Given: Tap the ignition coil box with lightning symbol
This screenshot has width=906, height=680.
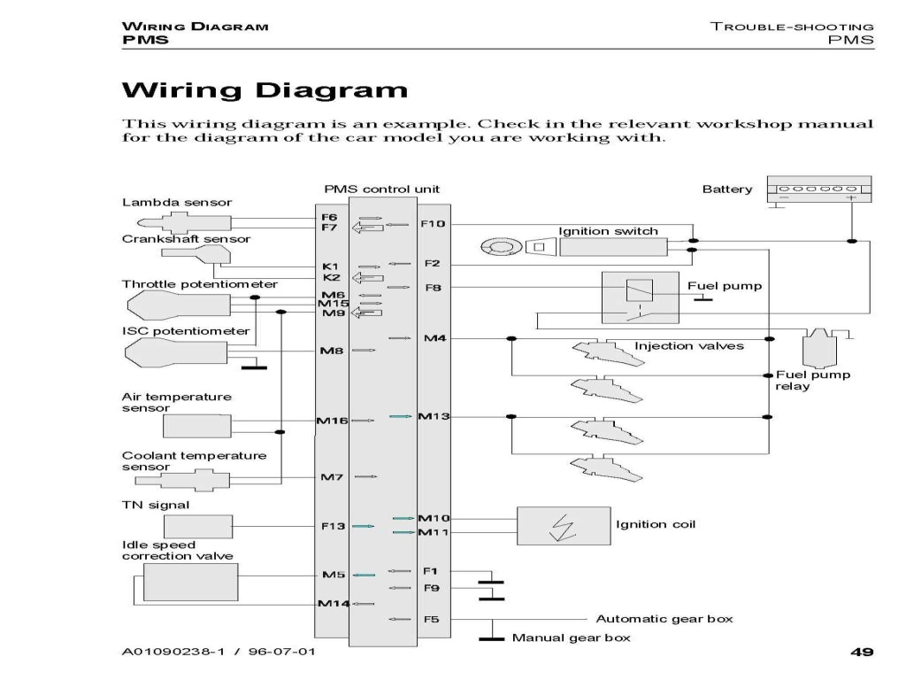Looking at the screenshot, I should tap(564, 526).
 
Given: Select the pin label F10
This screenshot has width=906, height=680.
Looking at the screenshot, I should tap(433, 224).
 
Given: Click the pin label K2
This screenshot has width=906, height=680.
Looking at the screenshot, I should tap(331, 277).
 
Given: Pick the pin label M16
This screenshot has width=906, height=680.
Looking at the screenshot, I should tap(332, 420).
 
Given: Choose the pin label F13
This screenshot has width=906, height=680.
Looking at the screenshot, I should tap(333, 526).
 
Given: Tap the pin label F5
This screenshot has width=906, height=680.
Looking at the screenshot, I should tap(431, 619).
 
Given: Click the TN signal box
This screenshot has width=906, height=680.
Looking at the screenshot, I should tap(186, 526).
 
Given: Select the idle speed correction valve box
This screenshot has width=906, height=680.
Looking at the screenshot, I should tap(191, 583).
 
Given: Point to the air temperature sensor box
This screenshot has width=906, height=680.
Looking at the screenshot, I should tap(197, 426).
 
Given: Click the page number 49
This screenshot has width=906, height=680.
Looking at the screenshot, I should tap(862, 653).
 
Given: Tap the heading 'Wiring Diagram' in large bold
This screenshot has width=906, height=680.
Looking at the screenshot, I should tap(265, 90).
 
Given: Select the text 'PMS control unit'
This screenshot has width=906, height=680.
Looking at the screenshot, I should tap(381, 189).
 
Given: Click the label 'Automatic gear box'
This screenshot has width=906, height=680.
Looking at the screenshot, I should tap(664, 619).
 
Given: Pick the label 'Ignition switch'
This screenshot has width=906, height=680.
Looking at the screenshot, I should tap(608, 231).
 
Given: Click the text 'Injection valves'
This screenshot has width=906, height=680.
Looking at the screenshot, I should tap(688, 345).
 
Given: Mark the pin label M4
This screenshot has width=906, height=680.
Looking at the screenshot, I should tap(434, 338).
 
